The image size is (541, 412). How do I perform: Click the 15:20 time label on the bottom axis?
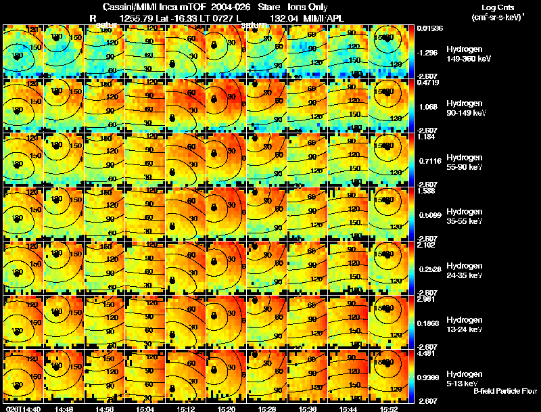[226, 409]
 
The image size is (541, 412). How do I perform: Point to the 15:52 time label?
[388, 409]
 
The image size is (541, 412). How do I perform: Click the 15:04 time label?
[145, 409]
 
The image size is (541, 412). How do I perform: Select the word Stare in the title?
[269, 6]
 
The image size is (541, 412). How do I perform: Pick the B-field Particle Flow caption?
[504, 391]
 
